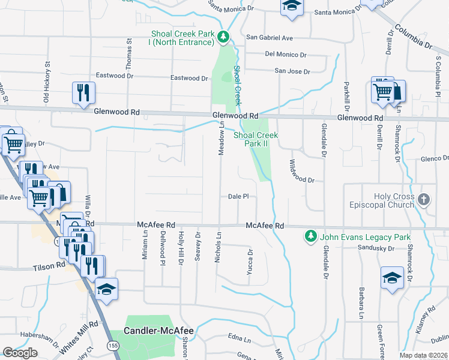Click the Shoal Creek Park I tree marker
point(223,38)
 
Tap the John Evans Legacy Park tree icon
point(310,236)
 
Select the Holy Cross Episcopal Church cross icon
point(424,199)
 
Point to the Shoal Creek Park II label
point(255,139)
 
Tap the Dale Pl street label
point(238,196)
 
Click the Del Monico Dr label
point(286,55)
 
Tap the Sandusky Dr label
point(375,248)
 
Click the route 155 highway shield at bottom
point(112,346)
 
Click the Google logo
point(20,353)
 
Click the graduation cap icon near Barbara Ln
point(391,278)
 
